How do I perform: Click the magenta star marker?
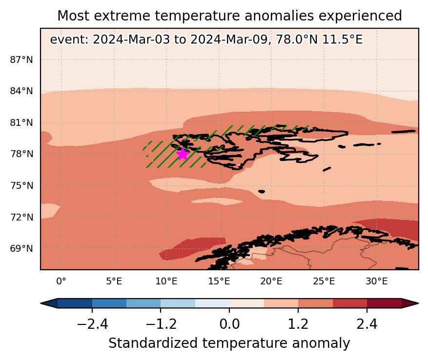click(183, 154)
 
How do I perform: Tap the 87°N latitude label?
click(21, 60)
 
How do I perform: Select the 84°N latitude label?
click(21, 91)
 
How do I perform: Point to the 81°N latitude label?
click(21, 122)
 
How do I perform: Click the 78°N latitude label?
click(21, 154)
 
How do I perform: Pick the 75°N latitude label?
click(21, 185)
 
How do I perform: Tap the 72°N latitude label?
click(21, 217)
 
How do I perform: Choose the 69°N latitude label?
click(21, 249)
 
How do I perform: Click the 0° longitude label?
click(61, 281)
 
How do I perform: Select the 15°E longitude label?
click(219, 281)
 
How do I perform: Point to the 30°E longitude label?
click(377, 281)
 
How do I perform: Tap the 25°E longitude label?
click(324, 281)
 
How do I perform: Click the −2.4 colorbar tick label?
click(93, 324)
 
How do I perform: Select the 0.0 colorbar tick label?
click(229, 324)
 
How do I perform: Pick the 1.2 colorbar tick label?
click(298, 324)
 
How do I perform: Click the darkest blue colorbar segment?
click(75, 303)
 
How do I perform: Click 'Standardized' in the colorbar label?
click(153, 343)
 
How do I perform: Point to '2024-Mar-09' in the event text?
click(229, 40)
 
